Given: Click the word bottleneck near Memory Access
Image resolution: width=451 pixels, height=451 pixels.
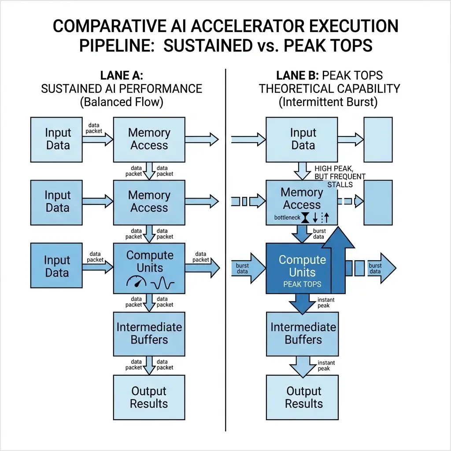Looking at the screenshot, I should click(287, 218).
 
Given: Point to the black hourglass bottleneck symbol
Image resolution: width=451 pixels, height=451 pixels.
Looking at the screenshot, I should click(305, 218).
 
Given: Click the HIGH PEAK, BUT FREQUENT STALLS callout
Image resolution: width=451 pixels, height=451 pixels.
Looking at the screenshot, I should click(340, 176).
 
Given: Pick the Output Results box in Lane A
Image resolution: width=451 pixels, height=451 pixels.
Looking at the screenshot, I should click(149, 397).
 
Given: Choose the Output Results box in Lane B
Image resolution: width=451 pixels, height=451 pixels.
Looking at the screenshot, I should click(303, 397).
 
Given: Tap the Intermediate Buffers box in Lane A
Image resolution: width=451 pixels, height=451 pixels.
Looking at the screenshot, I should click(149, 333).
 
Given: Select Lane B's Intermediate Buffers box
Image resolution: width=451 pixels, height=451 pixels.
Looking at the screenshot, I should click(303, 333).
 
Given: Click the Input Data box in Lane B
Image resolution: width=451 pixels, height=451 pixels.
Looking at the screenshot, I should click(303, 139).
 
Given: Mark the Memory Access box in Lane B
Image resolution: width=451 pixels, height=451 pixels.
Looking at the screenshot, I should click(302, 199).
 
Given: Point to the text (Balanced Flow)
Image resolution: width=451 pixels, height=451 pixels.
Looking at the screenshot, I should click(121, 102).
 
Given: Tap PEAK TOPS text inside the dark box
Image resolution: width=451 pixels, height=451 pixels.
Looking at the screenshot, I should click(303, 284).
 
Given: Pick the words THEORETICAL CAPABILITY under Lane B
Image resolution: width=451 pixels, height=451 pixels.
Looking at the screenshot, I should click(329, 89).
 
